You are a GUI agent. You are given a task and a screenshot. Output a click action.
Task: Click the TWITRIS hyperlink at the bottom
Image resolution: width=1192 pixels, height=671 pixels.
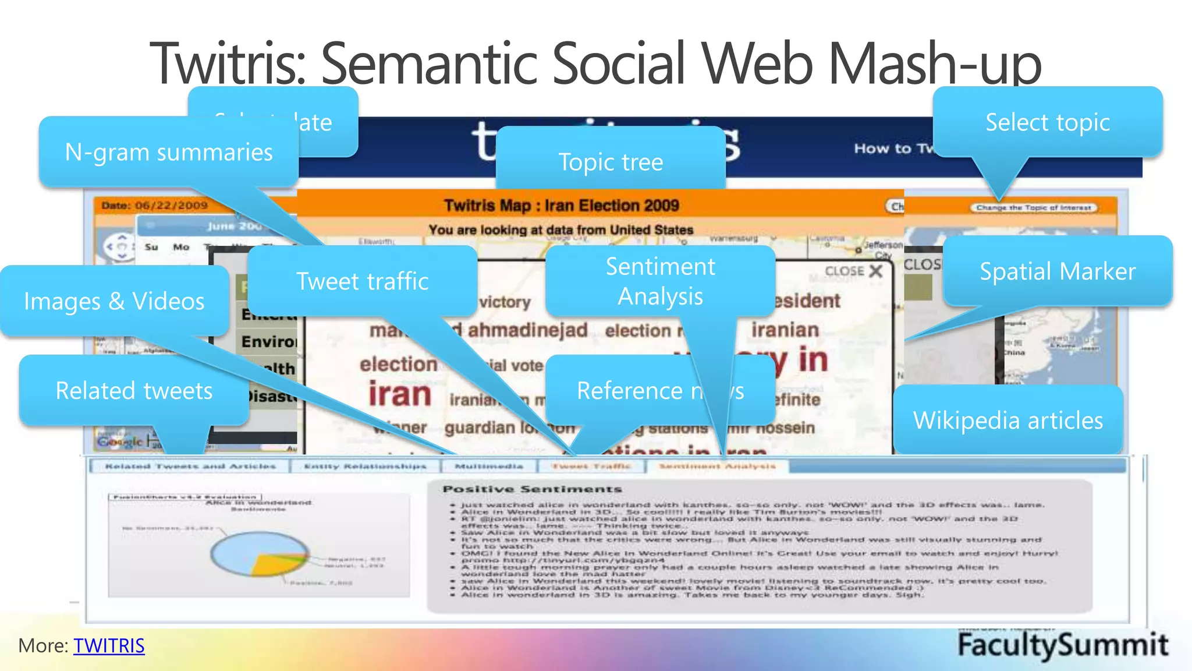coord(109,645)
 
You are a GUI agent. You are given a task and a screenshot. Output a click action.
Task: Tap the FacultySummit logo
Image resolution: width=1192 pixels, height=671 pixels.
coord(1062,645)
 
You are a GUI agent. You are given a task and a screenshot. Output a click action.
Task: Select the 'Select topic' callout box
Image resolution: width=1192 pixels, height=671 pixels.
coord(1047,122)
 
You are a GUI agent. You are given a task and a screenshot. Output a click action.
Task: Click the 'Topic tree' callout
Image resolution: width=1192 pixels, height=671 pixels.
coord(611,161)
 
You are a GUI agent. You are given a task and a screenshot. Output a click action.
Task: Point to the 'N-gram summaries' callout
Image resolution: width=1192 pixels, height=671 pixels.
coord(169,152)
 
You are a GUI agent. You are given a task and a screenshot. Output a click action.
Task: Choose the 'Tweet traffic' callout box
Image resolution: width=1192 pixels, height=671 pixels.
coord(362,281)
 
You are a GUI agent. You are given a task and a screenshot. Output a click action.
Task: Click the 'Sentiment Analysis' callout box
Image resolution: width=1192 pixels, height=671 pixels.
coord(660,281)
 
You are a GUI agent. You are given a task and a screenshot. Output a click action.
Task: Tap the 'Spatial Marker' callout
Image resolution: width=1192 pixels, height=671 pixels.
coord(1057,271)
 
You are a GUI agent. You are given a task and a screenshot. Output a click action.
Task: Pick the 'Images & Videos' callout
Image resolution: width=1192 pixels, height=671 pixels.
coord(114,301)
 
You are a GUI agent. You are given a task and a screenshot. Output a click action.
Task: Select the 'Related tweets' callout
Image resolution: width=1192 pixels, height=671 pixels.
coord(134,390)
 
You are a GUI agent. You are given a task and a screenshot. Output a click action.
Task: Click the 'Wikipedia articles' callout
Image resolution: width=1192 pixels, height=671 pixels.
coord(1007,420)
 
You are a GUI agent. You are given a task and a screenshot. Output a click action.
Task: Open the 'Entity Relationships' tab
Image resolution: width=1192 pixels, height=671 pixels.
coord(365,466)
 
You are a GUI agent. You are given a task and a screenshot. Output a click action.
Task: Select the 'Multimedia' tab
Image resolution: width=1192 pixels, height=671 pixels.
coord(489,466)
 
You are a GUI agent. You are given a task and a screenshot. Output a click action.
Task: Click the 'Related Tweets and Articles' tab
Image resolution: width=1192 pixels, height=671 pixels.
coord(190,466)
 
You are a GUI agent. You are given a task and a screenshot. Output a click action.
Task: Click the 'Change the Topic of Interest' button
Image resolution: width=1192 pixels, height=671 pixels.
coord(1033,207)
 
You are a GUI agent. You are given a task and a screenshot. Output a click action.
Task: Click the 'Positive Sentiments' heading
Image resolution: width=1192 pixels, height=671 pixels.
coord(532,489)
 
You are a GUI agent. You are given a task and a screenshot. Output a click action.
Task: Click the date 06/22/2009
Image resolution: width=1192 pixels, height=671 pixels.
coord(171,205)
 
